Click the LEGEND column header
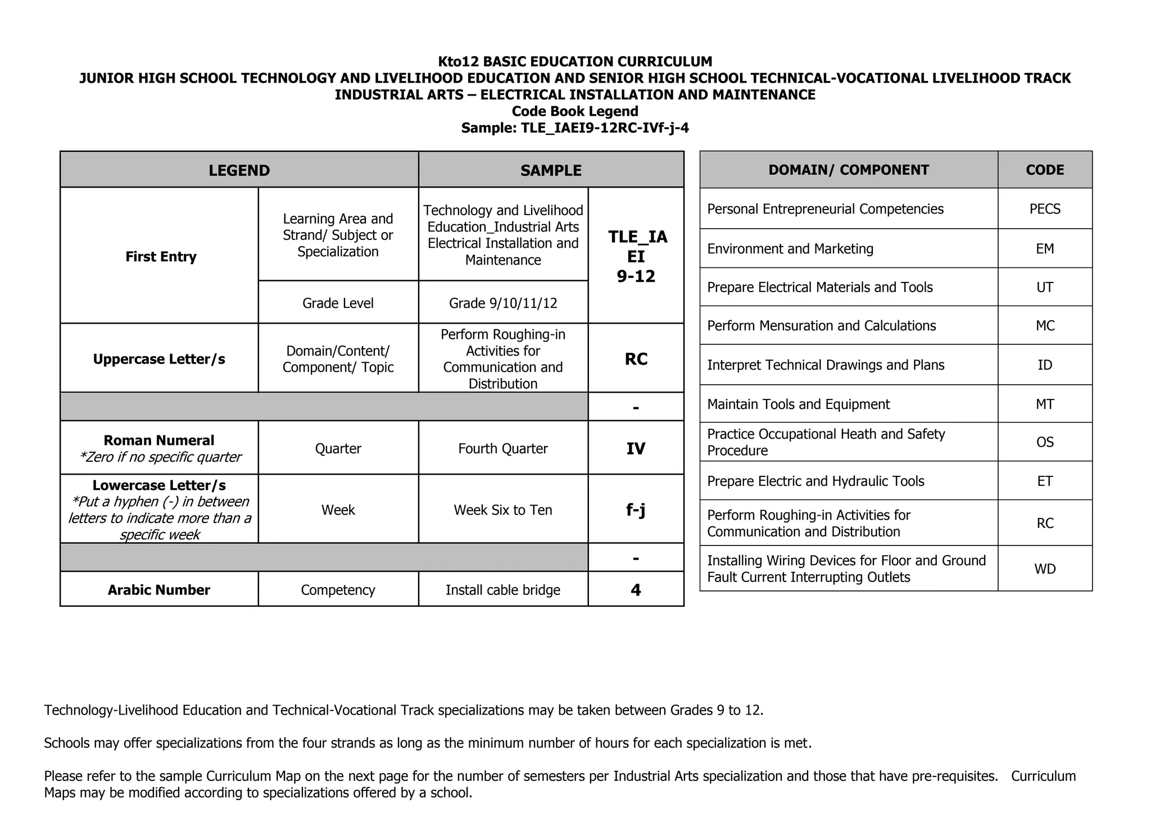point(239,170)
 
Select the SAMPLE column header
point(551,170)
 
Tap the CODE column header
point(1045,170)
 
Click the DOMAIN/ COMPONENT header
point(848,170)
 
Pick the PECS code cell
point(1045,209)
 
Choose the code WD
point(1045,569)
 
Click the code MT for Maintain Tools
point(1045,404)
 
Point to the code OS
point(1045,442)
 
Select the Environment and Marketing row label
point(790,248)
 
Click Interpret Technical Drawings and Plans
point(826,365)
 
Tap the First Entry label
point(161,257)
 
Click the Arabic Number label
point(159,590)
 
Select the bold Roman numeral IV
point(636,448)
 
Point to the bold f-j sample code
point(636,510)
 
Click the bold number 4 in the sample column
point(636,590)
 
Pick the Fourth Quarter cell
point(503,448)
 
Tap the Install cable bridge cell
point(503,590)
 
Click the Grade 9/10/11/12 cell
point(503,303)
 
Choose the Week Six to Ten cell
point(503,510)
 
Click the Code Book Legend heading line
point(575,111)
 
